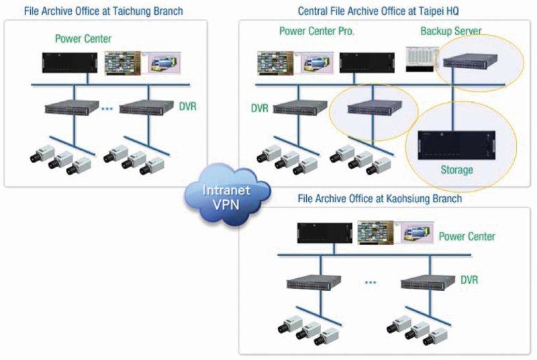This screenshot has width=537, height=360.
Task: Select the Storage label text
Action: click(x=456, y=169)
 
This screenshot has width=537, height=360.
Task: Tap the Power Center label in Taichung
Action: click(x=83, y=38)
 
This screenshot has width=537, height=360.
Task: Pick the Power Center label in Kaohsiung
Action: click(x=467, y=236)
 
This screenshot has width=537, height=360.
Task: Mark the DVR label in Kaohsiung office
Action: click(x=469, y=279)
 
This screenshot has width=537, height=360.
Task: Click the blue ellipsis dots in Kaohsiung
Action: click(x=371, y=283)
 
